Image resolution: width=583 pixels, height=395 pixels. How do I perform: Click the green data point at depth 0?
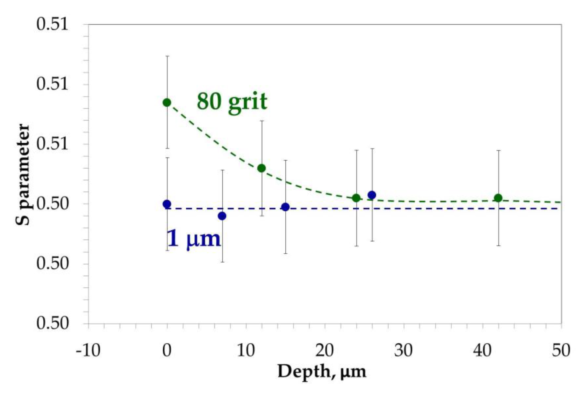click(167, 103)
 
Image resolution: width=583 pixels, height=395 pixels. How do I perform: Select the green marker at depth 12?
click(262, 168)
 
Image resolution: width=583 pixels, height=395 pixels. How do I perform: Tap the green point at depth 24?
click(356, 198)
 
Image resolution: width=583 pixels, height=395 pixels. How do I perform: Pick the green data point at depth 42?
click(498, 198)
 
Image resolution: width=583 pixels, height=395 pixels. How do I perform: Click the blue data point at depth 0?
click(167, 204)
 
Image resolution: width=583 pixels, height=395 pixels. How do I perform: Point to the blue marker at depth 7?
click(222, 216)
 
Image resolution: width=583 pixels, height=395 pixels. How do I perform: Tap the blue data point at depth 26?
click(372, 195)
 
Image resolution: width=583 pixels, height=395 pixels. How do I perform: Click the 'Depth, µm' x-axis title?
click(322, 372)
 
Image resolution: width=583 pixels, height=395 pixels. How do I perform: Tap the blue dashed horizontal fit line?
click(426, 209)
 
